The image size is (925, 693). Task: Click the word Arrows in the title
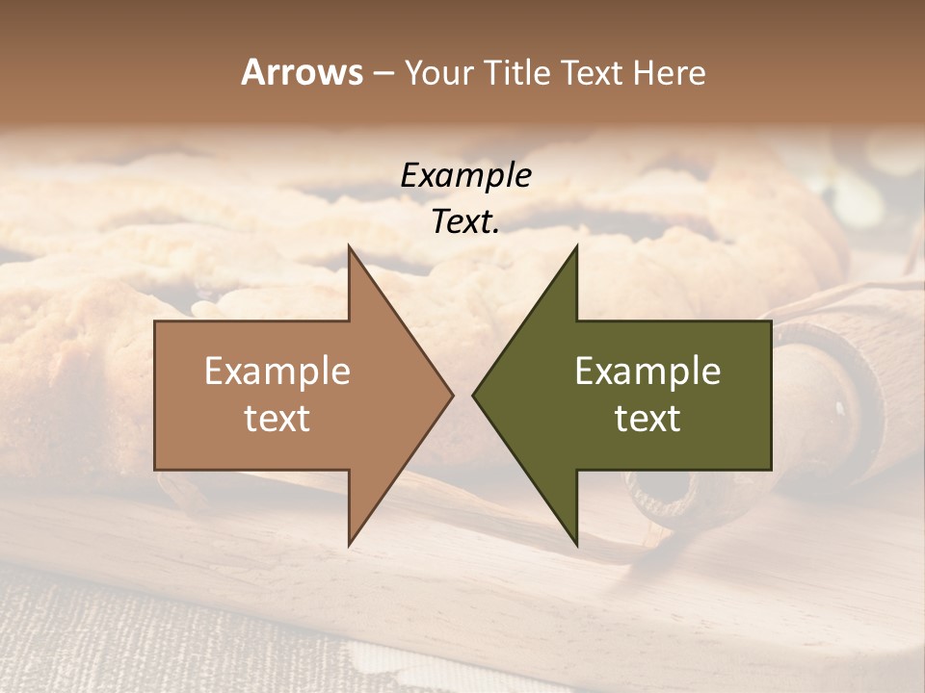(x=302, y=72)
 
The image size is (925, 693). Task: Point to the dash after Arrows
(x=383, y=74)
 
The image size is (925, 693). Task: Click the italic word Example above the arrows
(x=465, y=176)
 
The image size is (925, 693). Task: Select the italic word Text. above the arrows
(x=465, y=222)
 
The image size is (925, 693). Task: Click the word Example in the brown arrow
(x=277, y=372)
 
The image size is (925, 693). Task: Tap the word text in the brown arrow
(x=277, y=418)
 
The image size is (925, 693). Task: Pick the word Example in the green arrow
(x=647, y=372)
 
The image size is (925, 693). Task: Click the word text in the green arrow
(x=647, y=418)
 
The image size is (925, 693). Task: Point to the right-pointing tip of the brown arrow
(x=452, y=395)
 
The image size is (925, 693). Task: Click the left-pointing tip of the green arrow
(x=473, y=395)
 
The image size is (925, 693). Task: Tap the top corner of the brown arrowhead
(x=349, y=246)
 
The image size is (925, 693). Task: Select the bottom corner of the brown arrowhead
(x=349, y=545)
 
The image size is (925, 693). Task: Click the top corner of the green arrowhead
(x=576, y=246)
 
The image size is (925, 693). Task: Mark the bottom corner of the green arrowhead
(x=576, y=545)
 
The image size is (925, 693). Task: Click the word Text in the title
(x=592, y=73)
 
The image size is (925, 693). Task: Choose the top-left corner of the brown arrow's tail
(x=155, y=321)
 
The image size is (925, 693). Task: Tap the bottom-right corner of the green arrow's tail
(x=771, y=470)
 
